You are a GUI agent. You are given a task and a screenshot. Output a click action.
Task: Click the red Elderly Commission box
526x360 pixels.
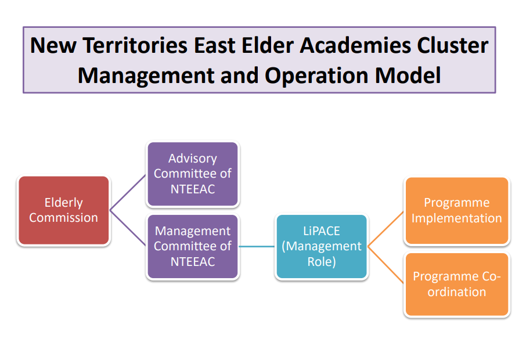click(x=64, y=210)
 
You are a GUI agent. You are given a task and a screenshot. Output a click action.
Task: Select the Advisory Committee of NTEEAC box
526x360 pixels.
click(x=193, y=174)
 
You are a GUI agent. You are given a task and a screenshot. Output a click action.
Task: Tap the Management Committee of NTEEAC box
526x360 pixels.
click(x=193, y=247)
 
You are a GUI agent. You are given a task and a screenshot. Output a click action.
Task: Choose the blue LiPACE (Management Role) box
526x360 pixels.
click(x=322, y=247)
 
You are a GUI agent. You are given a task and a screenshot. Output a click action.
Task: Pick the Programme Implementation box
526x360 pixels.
click(x=457, y=211)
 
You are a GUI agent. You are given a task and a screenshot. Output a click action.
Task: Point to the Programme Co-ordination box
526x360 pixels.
click(x=457, y=284)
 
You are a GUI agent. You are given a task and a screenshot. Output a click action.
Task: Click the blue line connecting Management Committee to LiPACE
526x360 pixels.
click(x=257, y=247)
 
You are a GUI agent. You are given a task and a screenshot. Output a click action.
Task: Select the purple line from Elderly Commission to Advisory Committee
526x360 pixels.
click(x=128, y=193)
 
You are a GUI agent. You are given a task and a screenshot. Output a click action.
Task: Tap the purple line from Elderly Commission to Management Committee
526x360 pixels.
click(x=128, y=228)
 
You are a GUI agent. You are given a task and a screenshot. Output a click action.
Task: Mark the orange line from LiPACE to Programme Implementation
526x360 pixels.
click(x=386, y=229)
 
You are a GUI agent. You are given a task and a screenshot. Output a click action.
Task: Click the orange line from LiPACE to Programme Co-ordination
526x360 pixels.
click(x=386, y=265)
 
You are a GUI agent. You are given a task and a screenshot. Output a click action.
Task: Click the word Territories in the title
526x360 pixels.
click(x=135, y=45)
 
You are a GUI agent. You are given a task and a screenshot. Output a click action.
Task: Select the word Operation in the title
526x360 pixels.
click(x=316, y=75)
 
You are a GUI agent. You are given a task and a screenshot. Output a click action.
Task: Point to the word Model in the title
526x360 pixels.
click(x=408, y=75)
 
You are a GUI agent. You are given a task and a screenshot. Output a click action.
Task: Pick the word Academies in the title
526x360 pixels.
click(x=355, y=45)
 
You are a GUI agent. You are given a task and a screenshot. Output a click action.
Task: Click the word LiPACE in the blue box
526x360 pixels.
click(x=322, y=231)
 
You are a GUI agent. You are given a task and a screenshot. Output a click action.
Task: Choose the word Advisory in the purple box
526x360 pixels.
click(x=193, y=159)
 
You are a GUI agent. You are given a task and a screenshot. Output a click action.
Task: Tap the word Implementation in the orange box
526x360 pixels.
click(x=457, y=218)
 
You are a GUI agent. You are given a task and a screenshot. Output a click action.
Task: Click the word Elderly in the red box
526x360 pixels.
click(x=64, y=203)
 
